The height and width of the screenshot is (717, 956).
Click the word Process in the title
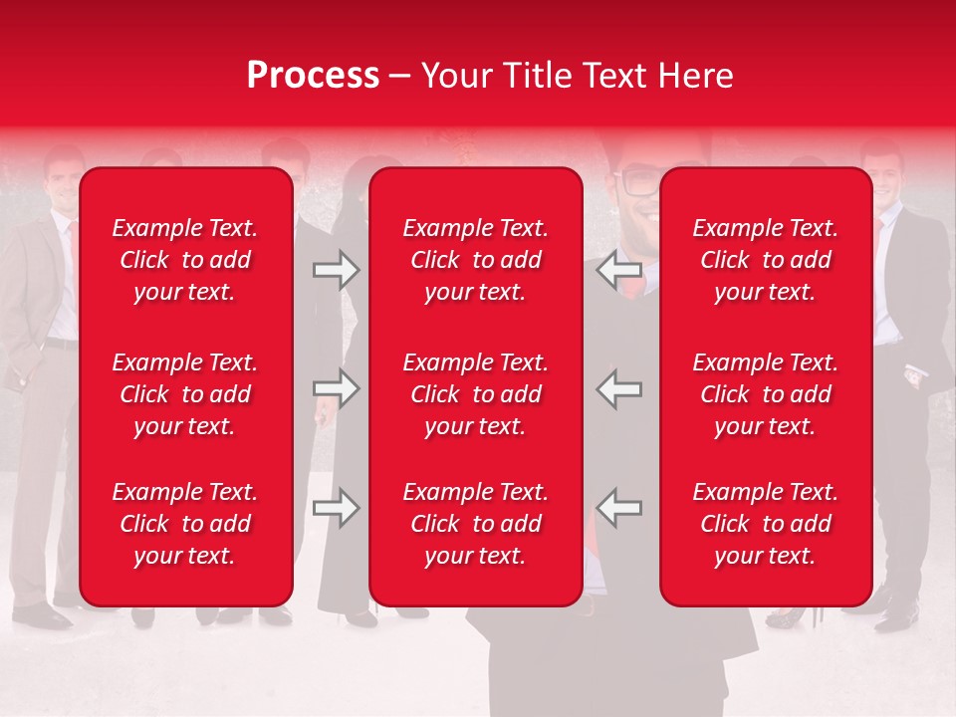[313, 76]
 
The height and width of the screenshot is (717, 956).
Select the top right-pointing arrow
[337, 270]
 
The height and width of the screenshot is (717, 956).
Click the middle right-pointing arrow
[337, 388]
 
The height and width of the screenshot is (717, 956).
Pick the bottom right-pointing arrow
[337, 508]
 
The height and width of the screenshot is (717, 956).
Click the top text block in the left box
[185, 260]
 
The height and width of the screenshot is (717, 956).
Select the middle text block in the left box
[185, 394]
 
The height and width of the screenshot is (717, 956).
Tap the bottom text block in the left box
[185, 524]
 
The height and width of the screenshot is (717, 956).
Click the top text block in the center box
[475, 260]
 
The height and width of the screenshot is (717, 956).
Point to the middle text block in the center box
[475, 394]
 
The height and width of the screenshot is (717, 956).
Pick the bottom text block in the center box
[475, 524]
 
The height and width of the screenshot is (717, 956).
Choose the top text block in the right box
[765, 260]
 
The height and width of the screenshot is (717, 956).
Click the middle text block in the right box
[765, 394]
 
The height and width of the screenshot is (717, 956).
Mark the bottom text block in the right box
[765, 524]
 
